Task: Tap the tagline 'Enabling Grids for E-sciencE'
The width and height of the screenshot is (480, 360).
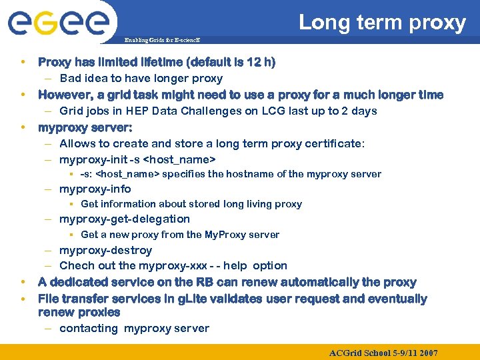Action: tap(162, 41)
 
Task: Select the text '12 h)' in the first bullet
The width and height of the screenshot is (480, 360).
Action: tap(261, 63)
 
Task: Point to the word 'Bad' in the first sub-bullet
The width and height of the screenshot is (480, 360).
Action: tap(71, 79)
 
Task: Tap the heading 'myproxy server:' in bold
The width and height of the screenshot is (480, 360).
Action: tap(85, 127)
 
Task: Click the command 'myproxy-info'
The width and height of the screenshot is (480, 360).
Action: tap(95, 189)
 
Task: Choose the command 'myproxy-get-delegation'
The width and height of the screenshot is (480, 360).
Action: tap(125, 219)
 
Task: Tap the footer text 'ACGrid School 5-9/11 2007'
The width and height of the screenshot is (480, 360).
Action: tap(383, 352)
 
